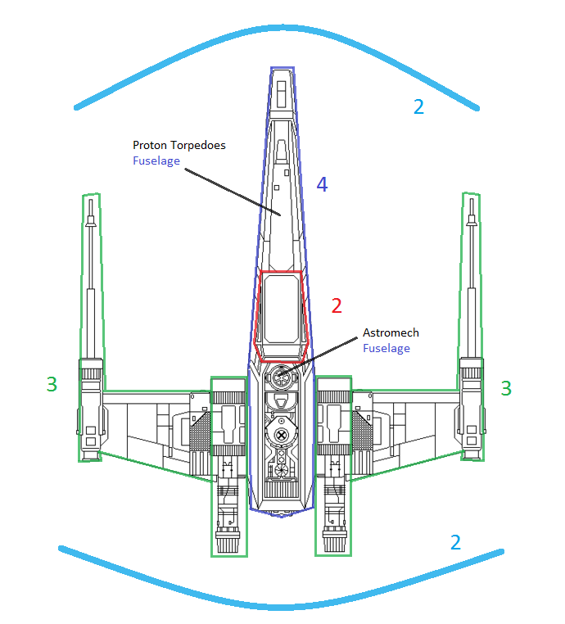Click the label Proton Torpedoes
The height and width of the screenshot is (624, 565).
(179, 146)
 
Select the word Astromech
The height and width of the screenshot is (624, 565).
(391, 332)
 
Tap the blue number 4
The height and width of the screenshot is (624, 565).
(322, 185)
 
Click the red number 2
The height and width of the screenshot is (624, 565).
(336, 306)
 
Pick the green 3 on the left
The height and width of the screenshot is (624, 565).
(52, 383)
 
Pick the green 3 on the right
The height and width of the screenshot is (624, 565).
(506, 388)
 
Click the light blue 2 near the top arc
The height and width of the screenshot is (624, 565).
(418, 106)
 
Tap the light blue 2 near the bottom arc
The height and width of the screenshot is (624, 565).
(455, 541)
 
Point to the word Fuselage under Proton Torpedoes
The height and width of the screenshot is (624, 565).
(156, 161)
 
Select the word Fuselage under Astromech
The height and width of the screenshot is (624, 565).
(386, 348)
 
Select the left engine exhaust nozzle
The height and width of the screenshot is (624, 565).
(228, 540)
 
